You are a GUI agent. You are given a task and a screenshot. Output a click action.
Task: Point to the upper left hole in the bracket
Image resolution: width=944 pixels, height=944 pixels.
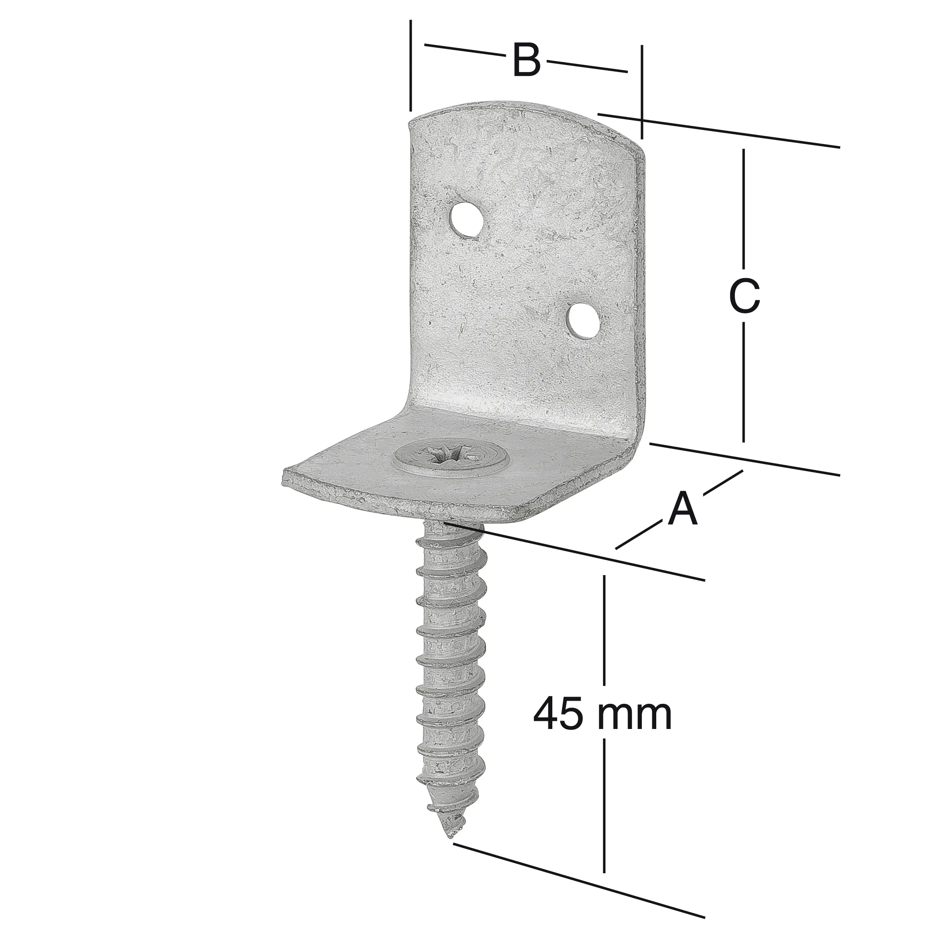[466, 220]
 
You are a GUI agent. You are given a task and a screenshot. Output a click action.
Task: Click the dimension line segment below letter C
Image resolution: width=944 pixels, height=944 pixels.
[744, 381]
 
